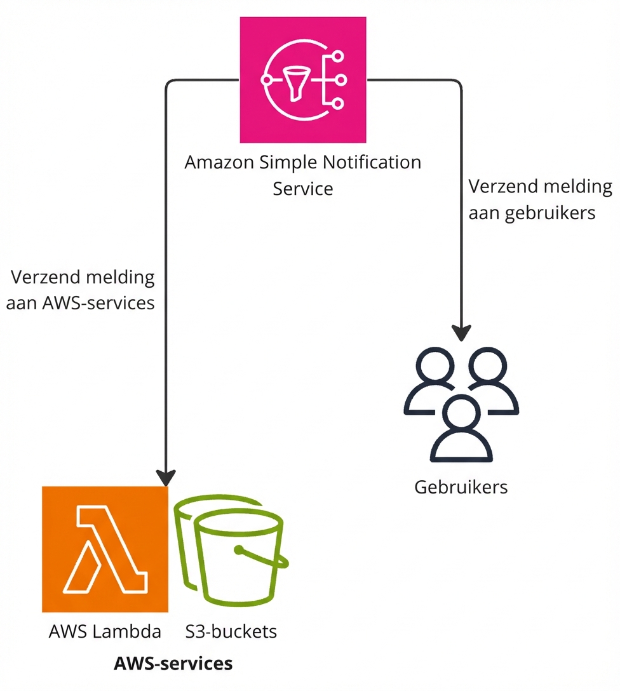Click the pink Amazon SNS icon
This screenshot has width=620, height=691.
click(303, 80)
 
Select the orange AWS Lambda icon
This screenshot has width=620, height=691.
click(105, 549)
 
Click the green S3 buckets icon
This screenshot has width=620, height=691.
click(232, 553)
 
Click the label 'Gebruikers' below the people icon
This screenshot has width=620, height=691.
click(461, 487)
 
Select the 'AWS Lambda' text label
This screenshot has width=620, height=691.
click(105, 632)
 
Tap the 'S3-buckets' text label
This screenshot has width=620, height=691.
click(231, 632)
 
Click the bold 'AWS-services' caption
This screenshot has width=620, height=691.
click(173, 664)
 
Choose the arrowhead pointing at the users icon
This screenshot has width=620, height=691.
click(462, 333)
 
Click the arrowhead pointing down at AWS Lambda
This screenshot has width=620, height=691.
click(166, 477)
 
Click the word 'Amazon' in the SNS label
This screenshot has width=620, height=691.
click(219, 163)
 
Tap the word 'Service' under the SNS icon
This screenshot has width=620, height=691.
click(303, 189)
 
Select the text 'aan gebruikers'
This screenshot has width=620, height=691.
click(532, 213)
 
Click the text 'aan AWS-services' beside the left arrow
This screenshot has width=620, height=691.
click(81, 303)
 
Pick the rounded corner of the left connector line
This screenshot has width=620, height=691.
click(169, 83)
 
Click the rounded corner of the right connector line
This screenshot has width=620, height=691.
click(458, 83)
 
